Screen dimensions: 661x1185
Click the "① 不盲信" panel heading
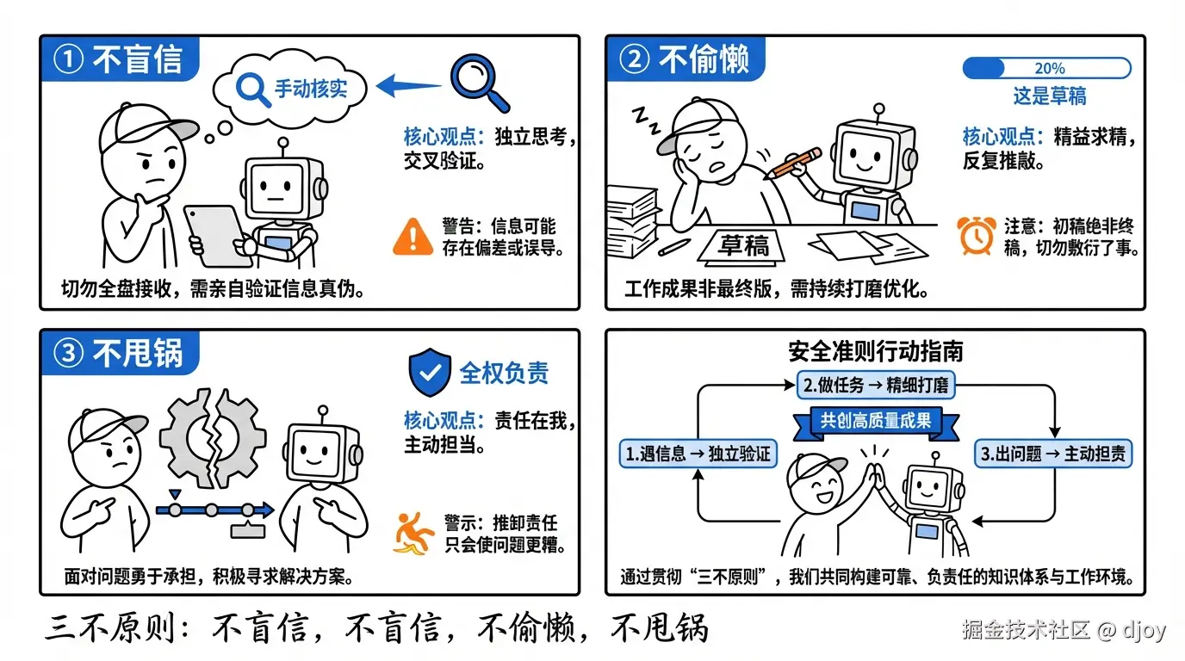[119, 59]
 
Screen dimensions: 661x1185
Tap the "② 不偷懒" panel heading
[686, 59]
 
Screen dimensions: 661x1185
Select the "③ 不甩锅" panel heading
[119, 353]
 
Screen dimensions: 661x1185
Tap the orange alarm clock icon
[977, 234]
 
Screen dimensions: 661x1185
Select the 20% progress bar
[1045, 68]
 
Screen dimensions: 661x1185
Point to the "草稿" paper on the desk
[744, 246]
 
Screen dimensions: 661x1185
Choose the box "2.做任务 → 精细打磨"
[875, 385]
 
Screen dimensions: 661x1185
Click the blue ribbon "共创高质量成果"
[875, 422]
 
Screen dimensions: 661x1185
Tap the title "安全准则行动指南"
[875, 351]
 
